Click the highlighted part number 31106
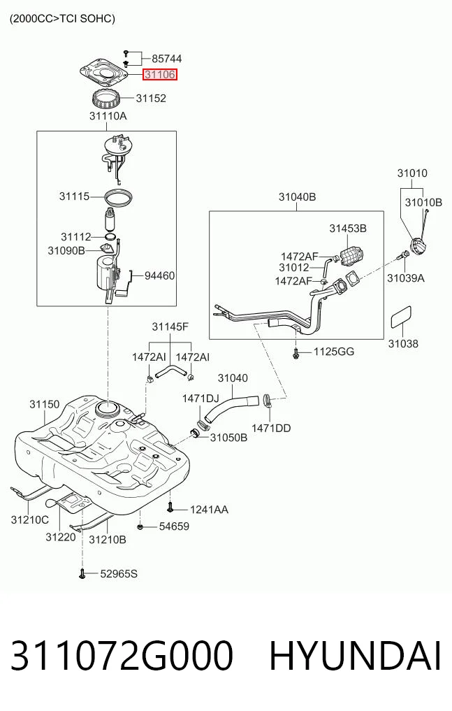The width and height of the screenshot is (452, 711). [x=160, y=74]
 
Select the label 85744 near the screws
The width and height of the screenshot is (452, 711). [x=167, y=59]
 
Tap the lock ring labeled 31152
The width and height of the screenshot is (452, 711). [x=106, y=99]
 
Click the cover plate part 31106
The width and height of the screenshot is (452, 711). [x=103, y=73]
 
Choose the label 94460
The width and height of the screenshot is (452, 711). [x=159, y=275]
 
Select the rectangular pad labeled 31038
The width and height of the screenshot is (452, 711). [x=401, y=316]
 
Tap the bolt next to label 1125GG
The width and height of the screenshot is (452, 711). [x=296, y=352]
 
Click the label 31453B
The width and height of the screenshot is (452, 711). [x=348, y=229]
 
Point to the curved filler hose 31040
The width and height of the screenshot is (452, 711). [x=231, y=408]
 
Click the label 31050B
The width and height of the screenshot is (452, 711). [x=228, y=438]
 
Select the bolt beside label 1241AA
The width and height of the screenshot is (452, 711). [x=170, y=508]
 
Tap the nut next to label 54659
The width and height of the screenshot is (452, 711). [x=140, y=527]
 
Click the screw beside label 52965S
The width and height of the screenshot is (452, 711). [x=82, y=574]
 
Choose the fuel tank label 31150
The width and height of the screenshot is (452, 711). [x=45, y=404]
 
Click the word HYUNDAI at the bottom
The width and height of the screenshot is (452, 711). [x=355, y=656]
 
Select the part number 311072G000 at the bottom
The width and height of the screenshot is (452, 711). [x=122, y=656]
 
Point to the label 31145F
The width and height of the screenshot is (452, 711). [x=170, y=326]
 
